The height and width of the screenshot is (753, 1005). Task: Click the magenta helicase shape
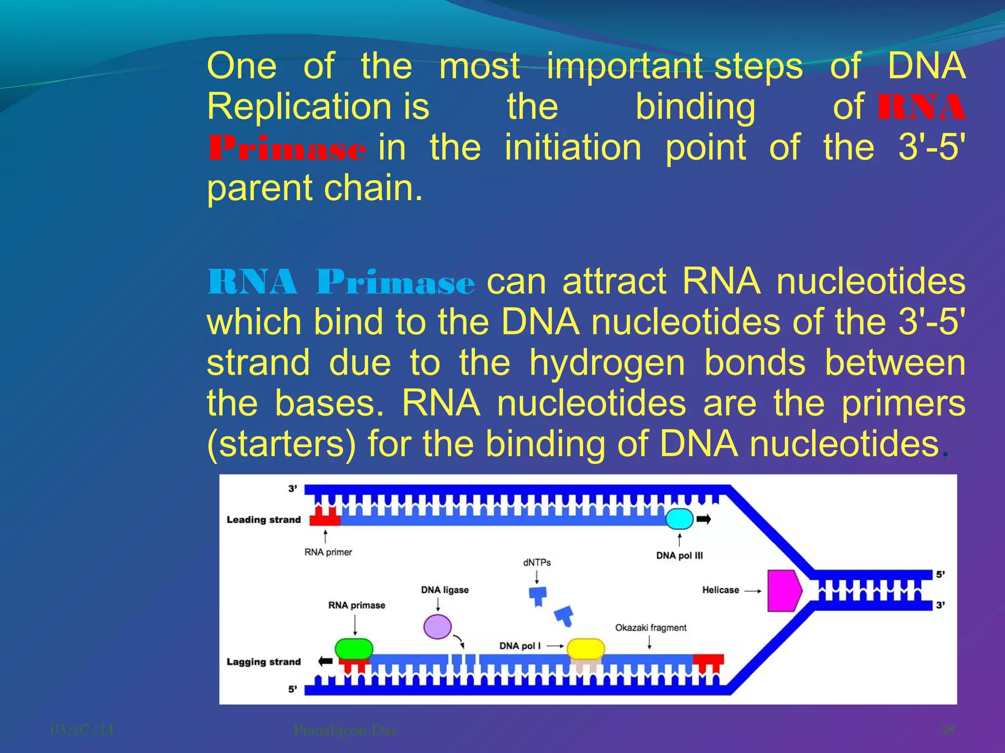click(783, 590)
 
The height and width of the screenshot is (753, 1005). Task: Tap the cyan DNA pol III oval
click(679, 519)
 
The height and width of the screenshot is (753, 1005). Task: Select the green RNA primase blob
click(354, 649)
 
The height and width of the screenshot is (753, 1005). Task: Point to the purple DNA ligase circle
click(437, 627)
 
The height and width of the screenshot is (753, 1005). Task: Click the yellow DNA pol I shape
click(585, 649)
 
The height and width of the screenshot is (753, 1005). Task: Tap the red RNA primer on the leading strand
click(324, 517)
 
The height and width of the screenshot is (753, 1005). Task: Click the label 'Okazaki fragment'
click(650, 627)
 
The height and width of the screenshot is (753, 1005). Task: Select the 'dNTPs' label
click(537, 562)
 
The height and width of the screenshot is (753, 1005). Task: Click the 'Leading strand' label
click(264, 520)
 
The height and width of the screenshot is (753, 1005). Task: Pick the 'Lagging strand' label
click(264, 662)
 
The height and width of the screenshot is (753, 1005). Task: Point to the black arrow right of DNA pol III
click(704, 519)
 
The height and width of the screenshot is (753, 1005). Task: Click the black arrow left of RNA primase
click(325, 661)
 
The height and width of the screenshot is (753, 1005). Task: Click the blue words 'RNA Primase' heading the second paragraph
click(341, 282)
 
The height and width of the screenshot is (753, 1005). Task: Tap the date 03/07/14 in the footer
click(82, 730)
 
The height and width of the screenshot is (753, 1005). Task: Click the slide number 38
click(947, 730)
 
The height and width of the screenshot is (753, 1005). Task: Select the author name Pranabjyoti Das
click(345, 730)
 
